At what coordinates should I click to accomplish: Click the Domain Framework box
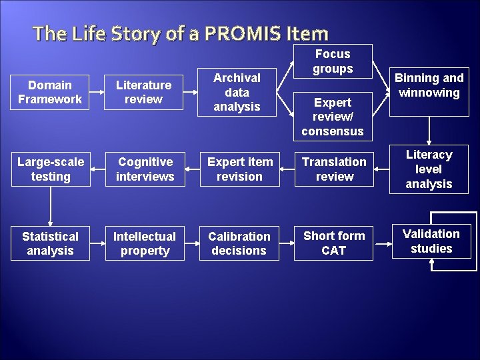pos(50,92)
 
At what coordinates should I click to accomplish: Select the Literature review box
pos(143,92)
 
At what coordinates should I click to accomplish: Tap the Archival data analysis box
pos(237,92)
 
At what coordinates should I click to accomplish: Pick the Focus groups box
pos(333,61)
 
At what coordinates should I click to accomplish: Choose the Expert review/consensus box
pos(333,117)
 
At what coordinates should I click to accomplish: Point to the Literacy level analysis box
pos(429,169)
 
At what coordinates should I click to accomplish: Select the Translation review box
pos(334,169)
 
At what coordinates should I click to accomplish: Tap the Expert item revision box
pos(239,169)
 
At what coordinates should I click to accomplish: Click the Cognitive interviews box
pos(145,169)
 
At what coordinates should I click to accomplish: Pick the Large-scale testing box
pos(51,169)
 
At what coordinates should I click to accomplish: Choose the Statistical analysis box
pos(50,243)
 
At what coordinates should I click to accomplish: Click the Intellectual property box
pos(145,243)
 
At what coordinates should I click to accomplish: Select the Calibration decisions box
pos(239,243)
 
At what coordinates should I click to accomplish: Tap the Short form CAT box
pos(334,243)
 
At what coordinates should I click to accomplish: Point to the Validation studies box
pos(431,241)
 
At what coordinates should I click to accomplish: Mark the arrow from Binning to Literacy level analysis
pos(429,131)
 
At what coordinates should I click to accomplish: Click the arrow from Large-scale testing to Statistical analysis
pos(51,207)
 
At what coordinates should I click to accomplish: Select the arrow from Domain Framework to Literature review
pos(97,92)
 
